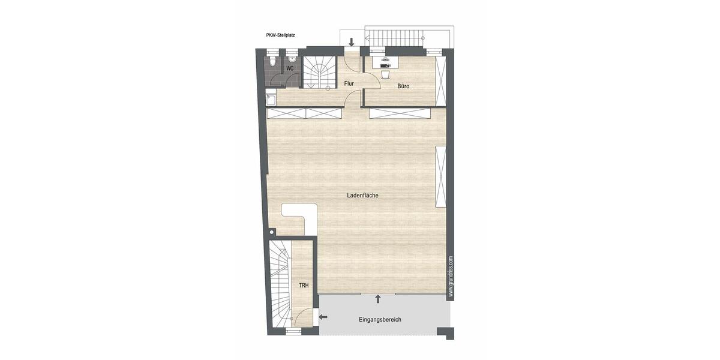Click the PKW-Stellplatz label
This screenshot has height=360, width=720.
(285, 35)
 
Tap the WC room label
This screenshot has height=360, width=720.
(290, 68)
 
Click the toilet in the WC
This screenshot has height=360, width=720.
(273, 62)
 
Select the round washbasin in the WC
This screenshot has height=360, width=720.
(292, 58)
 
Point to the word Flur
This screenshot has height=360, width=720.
(349, 83)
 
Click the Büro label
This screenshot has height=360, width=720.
(403, 86)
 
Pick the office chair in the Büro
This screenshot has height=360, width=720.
(386, 74)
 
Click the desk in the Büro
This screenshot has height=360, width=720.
(385, 61)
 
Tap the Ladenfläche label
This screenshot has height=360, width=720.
(362, 196)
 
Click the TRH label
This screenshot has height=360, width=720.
(304, 286)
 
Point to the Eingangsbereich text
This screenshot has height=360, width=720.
(380, 320)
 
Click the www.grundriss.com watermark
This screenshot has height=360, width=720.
(451, 276)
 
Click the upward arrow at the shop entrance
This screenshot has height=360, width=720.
(378, 299)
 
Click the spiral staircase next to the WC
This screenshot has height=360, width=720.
(319, 73)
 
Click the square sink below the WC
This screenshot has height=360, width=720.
(271, 100)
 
